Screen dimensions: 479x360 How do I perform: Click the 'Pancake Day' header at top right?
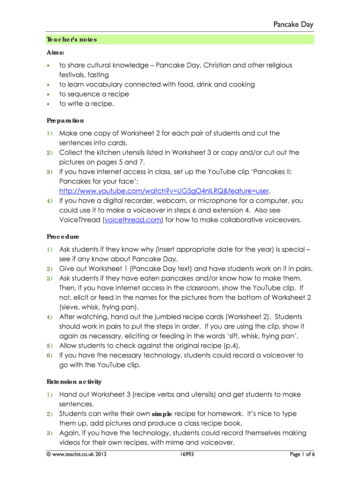click(x=294, y=24)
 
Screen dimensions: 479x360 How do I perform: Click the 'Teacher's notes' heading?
click(x=71, y=39)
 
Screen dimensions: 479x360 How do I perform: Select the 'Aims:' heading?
click(x=55, y=54)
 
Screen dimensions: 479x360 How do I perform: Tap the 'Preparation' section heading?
click(x=65, y=120)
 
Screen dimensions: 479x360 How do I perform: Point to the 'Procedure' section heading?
click(x=63, y=237)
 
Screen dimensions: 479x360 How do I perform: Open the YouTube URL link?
click(x=165, y=191)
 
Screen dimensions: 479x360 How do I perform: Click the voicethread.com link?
click(x=133, y=220)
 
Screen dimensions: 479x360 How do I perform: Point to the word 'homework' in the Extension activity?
click(x=257, y=414)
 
